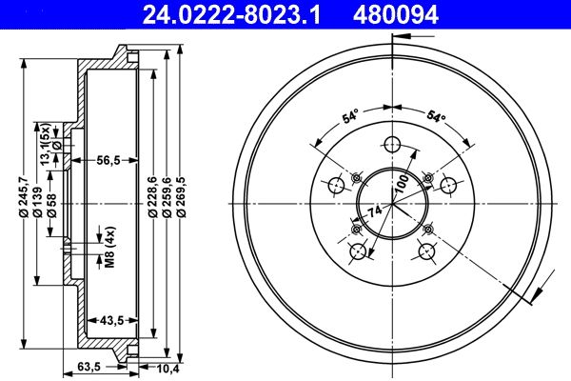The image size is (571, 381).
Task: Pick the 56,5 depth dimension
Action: pyautogui.click(x=107, y=161)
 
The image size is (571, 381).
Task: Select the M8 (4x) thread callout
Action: pyautogui.click(x=109, y=248)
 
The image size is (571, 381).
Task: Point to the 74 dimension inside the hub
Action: pyautogui.click(x=376, y=211)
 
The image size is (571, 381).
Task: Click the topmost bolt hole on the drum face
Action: pyautogui.click(x=391, y=145)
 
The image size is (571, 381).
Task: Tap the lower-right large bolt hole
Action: pyautogui.click(x=427, y=251)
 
